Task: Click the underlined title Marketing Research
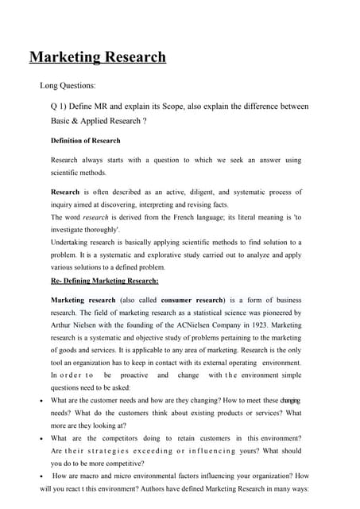coord(98,57)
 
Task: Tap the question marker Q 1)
coord(60,106)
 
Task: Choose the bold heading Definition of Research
coord(86,141)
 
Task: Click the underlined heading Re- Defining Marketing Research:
coord(104,281)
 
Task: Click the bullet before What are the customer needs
coord(41,400)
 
